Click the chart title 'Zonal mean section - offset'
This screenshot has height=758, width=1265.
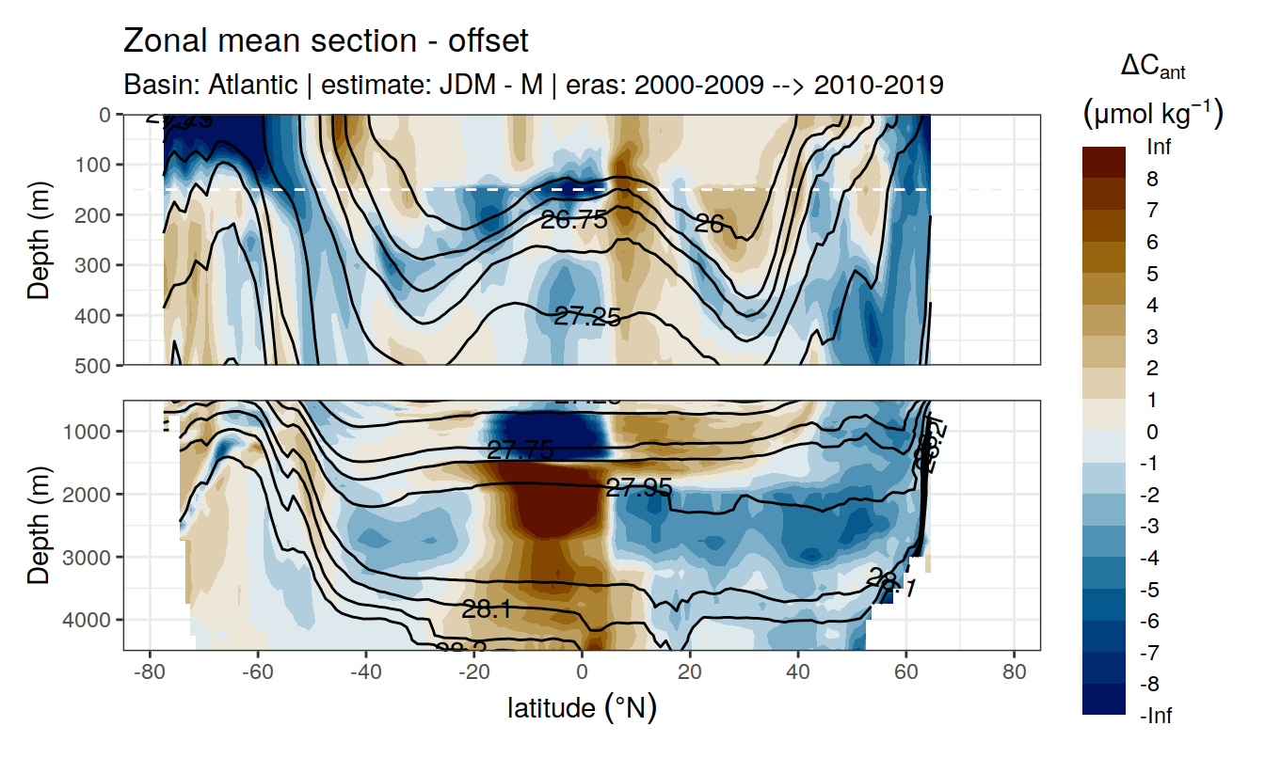click(327, 41)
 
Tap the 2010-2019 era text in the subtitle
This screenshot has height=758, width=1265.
click(878, 86)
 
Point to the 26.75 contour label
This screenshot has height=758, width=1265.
click(574, 221)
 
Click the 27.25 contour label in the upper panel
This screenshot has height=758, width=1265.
click(586, 318)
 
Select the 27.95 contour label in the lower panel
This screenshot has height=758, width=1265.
click(639, 488)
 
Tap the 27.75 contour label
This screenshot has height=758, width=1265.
click(520, 450)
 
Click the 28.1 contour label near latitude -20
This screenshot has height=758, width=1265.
click(487, 609)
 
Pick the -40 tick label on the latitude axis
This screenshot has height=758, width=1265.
click(365, 674)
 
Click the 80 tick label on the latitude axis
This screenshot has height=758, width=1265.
click(1014, 674)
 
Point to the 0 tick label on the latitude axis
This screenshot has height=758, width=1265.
click(583, 674)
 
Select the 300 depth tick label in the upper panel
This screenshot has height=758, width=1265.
click(93, 265)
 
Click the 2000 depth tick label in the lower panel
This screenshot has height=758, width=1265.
click(89, 495)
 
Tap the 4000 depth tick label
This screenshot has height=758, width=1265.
click(89, 620)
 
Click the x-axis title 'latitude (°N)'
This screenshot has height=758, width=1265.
click(582, 707)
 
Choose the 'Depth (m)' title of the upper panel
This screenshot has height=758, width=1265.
click(39, 239)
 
